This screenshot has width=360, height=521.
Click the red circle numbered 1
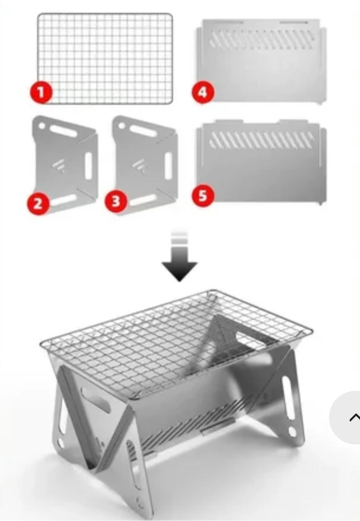click(41, 92)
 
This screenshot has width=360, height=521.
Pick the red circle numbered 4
click(203, 92)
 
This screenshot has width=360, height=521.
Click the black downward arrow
click(179, 256)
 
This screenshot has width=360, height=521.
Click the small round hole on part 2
click(42, 126)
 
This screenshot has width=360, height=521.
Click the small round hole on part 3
click(122, 126)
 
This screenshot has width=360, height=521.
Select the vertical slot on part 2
click(89, 166)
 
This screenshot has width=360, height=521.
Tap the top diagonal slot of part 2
click(63, 131)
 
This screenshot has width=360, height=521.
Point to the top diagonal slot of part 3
click(143, 131)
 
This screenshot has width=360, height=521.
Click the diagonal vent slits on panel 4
click(261, 40)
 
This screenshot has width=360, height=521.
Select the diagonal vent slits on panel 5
click(261, 140)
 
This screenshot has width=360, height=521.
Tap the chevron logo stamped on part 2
click(59, 166)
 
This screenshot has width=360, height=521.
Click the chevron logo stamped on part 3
click(139, 166)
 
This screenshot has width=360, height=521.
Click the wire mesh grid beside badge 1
click(105, 59)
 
